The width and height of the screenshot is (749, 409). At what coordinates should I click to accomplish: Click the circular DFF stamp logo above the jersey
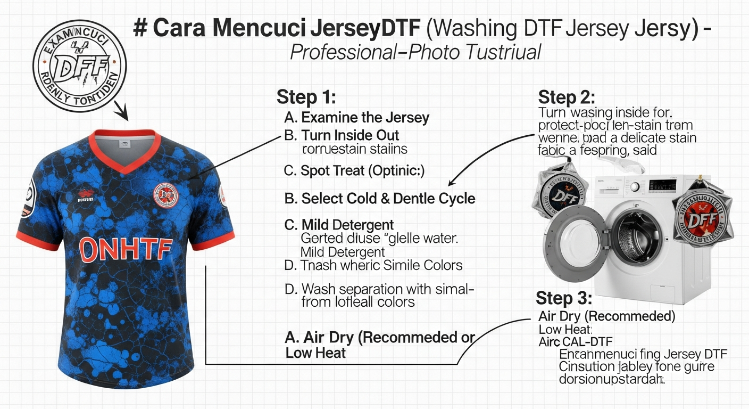pos(80,67)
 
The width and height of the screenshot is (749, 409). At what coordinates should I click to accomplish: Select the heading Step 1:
pos(305,97)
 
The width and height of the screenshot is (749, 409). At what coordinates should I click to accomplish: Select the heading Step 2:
pos(567,97)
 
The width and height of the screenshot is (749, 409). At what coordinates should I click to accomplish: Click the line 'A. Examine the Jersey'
pos(357,117)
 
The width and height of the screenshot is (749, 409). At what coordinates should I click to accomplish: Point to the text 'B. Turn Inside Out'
pos(342,135)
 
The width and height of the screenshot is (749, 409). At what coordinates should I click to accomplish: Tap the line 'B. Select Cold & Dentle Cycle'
pos(380,199)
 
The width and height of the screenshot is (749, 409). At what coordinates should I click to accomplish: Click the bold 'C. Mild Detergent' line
pos(339,224)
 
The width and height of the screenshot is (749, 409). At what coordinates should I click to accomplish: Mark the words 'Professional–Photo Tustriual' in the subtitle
pos(415,52)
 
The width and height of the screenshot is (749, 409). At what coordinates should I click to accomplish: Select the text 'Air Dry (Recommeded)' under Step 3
pos(607,316)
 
